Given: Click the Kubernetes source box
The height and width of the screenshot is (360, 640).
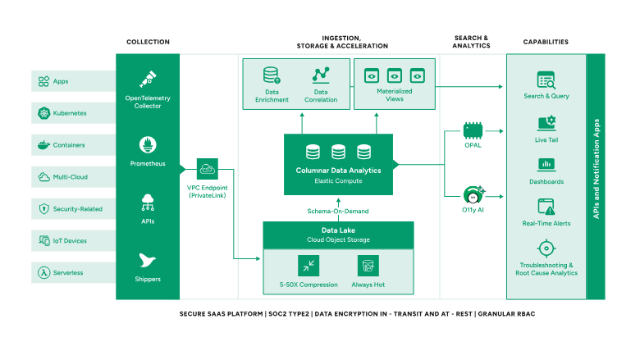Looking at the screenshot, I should pos(74,113).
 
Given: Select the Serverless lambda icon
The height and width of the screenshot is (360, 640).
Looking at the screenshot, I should pos(43,272).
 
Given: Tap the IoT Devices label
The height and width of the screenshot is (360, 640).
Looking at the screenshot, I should pos(71,241).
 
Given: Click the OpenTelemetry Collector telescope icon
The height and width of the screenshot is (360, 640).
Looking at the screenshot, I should pos(148,79).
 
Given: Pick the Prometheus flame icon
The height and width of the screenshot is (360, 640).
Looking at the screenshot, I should pos(148,145).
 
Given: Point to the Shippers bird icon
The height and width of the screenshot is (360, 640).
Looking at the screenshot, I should pos(148,261).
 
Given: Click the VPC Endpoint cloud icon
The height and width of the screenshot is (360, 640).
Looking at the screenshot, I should pos(207,170).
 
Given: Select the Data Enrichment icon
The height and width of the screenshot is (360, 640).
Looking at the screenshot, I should pos(272,75).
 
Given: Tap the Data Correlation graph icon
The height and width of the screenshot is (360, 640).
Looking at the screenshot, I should pos(321,75).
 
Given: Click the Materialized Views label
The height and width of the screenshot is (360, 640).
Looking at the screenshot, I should pos(395,95).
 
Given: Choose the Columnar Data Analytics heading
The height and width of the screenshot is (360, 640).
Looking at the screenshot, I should pos(339,170).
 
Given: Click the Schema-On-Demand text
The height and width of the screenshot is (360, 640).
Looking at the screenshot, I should pos(338,211).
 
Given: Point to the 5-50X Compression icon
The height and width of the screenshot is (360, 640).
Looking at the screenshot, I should pos(309,266).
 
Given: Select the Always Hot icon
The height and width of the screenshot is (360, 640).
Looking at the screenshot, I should pos(368,266).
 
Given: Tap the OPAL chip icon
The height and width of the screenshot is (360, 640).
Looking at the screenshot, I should pos(472,129).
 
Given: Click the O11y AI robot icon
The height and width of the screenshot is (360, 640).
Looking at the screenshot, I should pos(472,195).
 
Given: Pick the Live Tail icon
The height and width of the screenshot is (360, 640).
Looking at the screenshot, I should pos(546,123).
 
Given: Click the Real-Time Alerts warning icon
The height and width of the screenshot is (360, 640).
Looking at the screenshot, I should pos(546,206).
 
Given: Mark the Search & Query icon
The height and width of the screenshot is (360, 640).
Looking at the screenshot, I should pos(546,80).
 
